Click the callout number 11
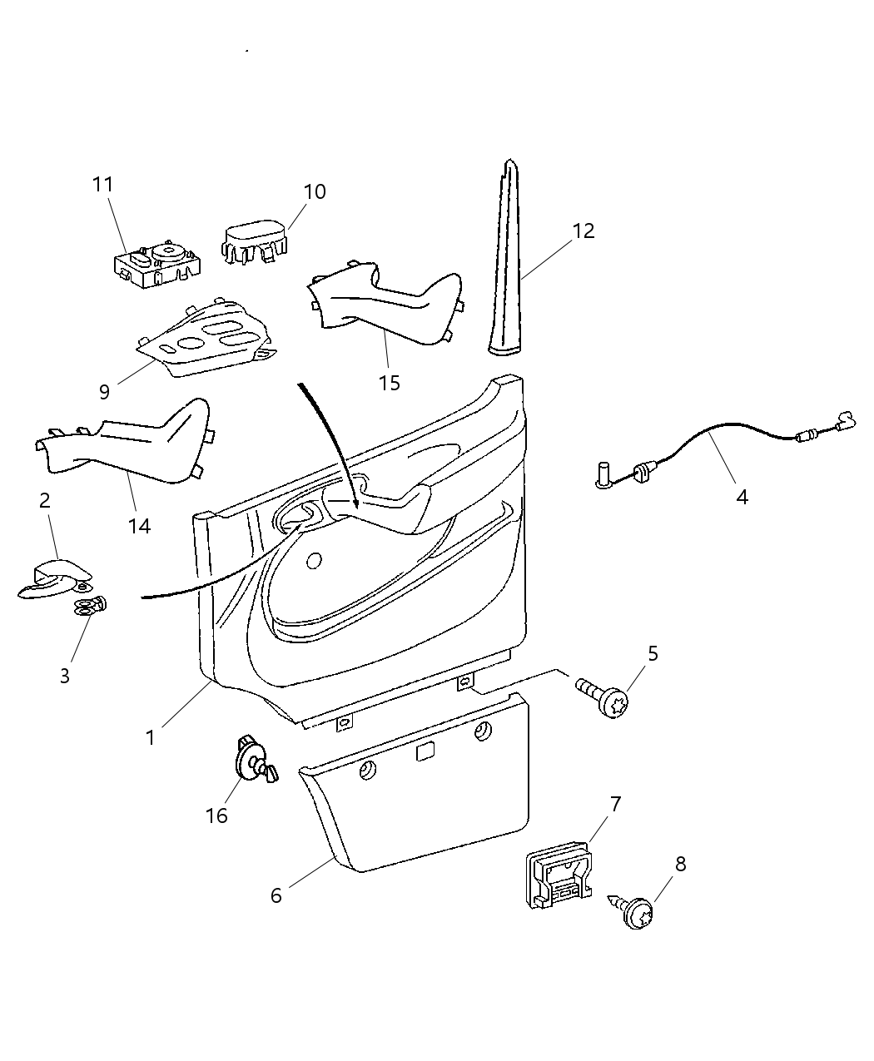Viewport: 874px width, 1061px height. tap(102, 185)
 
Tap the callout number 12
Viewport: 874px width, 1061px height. tap(584, 231)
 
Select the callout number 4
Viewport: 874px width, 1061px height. tap(742, 497)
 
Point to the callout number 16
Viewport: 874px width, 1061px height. tap(216, 816)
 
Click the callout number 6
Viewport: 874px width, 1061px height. tap(276, 895)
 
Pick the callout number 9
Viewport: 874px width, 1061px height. tap(104, 390)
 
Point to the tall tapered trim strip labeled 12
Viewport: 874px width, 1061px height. tap(507, 266)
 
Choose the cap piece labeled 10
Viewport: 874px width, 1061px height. tap(254, 237)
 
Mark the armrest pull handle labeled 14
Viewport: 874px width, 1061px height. tap(125, 445)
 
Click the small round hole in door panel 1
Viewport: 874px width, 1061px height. tap(315, 562)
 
